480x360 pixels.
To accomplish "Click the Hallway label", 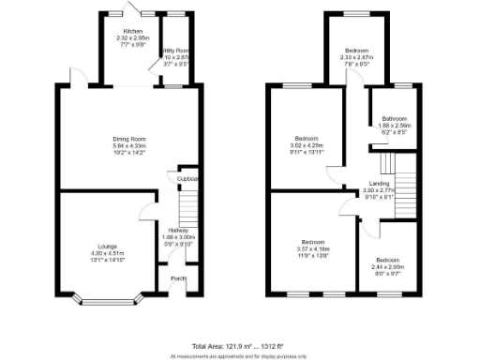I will pyautogui.click(x=178, y=230).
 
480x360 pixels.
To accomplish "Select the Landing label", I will pyautogui.click(x=379, y=183).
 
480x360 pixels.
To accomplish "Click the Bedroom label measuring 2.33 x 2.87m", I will pyautogui.click(x=355, y=51).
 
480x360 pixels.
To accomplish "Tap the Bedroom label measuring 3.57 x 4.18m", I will pyautogui.click(x=313, y=241).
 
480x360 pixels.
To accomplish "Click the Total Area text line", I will pyautogui.click(x=239, y=345).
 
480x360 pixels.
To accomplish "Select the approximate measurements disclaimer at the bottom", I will pyautogui.click(x=239, y=355).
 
